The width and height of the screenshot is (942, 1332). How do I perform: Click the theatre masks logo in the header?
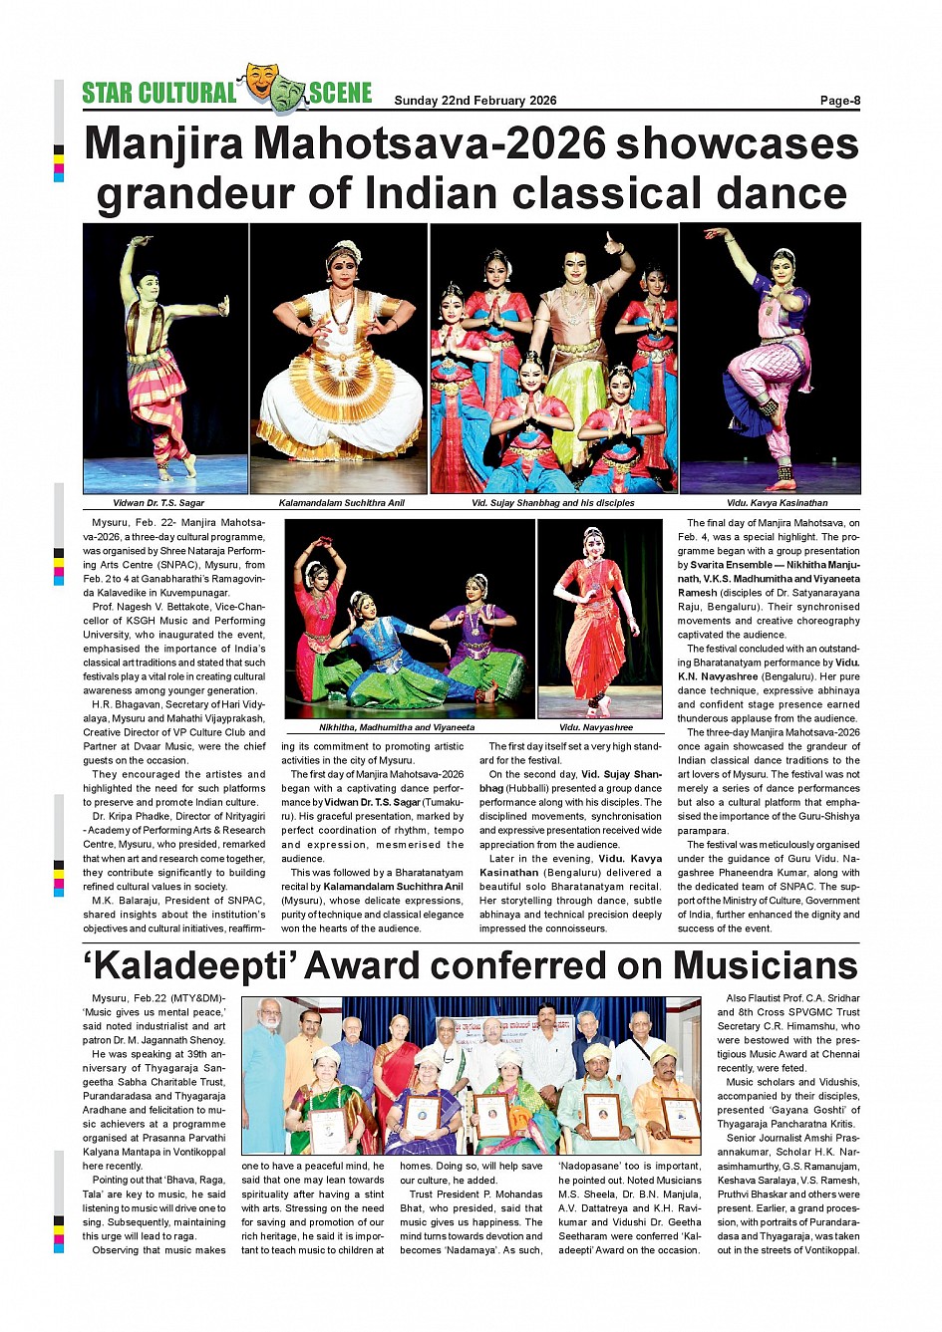(273, 88)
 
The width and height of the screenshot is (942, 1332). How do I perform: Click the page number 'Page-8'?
(839, 100)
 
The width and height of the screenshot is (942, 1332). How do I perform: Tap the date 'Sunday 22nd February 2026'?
(474, 100)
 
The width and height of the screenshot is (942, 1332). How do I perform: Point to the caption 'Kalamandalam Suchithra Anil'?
(341, 503)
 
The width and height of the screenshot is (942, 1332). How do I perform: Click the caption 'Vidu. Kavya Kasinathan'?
(777, 503)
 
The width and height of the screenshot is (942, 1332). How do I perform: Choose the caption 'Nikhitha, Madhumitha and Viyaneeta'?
(397, 727)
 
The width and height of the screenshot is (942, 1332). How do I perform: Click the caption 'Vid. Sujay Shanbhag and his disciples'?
(552, 503)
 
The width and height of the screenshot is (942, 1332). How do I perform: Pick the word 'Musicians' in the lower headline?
(765, 966)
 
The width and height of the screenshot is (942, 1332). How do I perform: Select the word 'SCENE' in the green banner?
(340, 94)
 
